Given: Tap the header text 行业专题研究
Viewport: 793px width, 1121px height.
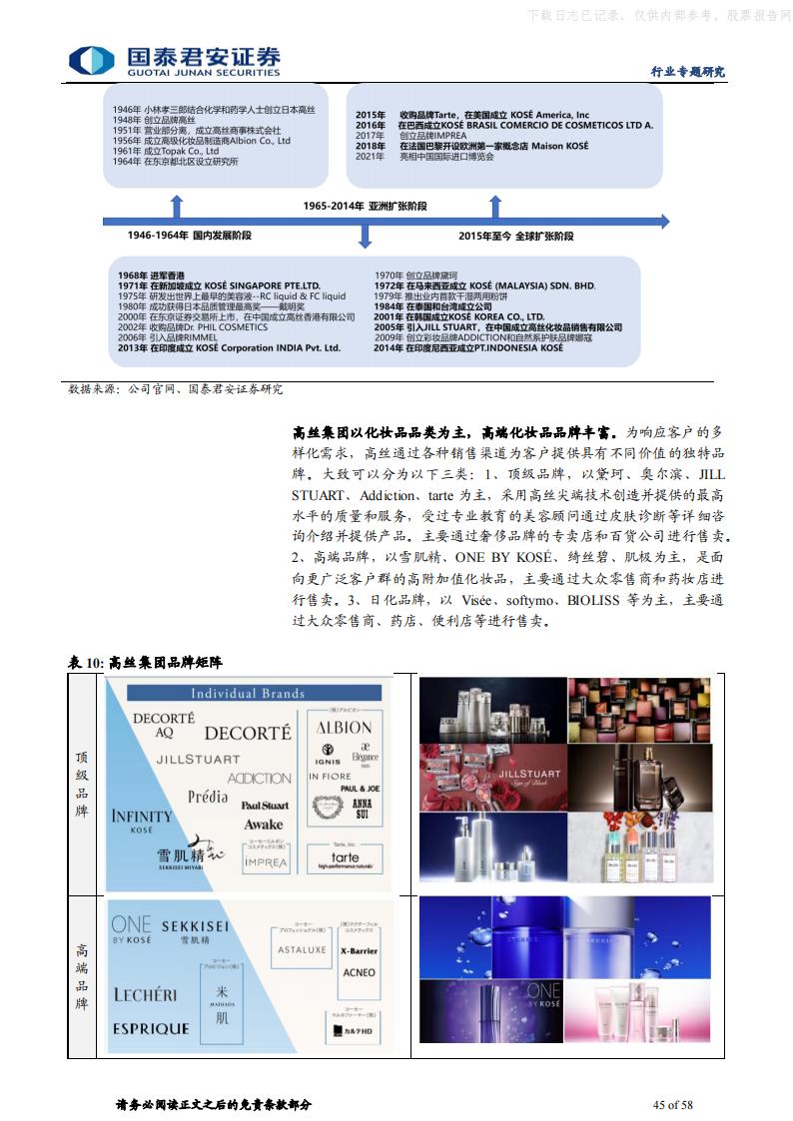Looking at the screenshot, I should click(687, 71).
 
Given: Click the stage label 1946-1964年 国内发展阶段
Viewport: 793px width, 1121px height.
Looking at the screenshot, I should click(189, 235).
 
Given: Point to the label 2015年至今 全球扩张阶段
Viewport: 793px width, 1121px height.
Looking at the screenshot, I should click(516, 236).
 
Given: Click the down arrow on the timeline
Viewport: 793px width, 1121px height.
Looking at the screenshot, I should click(365, 236).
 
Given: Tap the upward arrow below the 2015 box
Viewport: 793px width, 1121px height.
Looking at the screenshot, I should click(494, 207).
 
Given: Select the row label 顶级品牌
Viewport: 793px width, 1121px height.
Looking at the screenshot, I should click(83, 784).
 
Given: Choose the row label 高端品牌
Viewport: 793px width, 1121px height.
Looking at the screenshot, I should click(83, 977).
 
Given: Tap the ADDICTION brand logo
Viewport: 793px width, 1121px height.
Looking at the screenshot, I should click(259, 779).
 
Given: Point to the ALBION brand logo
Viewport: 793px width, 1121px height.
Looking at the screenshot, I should click(344, 728).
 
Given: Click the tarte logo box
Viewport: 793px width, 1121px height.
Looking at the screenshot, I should click(345, 856).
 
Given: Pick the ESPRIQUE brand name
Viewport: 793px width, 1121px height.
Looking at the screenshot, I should click(151, 1028).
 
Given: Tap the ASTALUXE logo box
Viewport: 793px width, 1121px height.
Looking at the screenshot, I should click(303, 950).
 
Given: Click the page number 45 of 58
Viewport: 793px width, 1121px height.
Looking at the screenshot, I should click(672, 1104).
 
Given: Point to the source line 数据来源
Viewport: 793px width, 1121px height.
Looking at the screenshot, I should click(176, 389).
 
